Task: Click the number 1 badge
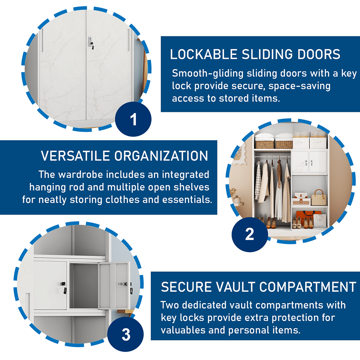pyautogui.click(x=133, y=119)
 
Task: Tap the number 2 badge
pyautogui.click(x=250, y=234)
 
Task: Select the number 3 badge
pyautogui.click(x=126, y=334)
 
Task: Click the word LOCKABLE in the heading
pyautogui.click(x=204, y=54)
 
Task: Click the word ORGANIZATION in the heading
pyautogui.click(x=161, y=156)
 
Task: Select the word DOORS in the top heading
pyautogui.click(x=319, y=54)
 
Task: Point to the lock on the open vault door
pyautogui.click(x=124, y=284)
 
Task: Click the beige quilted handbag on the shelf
pyautogui.click(x=319, y=198)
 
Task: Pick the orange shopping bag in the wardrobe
pyautogui.click(x=305, y=218)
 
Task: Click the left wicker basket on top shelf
pyautogui.click(x=264, y=144)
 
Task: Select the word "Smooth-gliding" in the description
pyautogui.click(x=208, y=74)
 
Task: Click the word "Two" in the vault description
pyautogui.click(x=170, y=305)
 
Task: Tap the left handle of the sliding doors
pyautogui.click(x=42, y=40)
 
